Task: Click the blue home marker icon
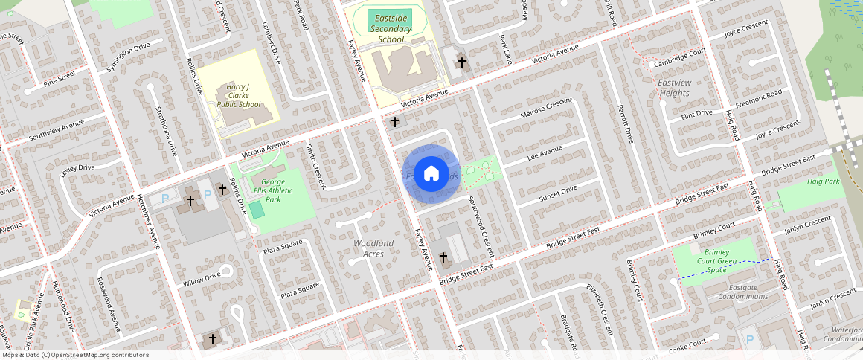point(431,174)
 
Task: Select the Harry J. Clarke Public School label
point(239,96)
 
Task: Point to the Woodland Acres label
point(373,248)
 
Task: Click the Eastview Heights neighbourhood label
point(674,88)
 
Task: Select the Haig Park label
point(823,181)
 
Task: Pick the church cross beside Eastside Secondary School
point(461,62)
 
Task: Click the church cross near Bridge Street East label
point(444,258)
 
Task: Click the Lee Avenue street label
point(545,152)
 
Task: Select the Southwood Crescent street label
point(481,222)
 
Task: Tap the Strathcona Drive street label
point(165,131)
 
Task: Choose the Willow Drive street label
point(202,280)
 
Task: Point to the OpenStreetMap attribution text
point(75,355)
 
